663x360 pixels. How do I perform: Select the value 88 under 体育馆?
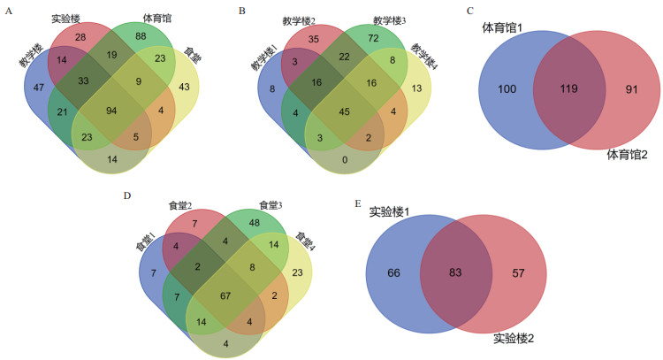pos(141,37)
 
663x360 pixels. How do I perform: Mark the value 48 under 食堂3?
pos(254,223)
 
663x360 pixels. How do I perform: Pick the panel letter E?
pos(357,203)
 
